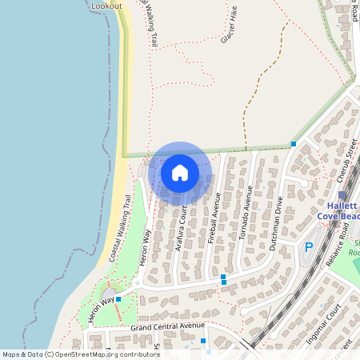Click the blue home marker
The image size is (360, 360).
pos(180,173)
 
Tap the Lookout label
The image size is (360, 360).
pos(106,6)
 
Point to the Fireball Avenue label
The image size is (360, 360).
pos(214,216)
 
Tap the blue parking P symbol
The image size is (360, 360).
pos(308,249)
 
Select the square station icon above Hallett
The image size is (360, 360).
pos(342,194)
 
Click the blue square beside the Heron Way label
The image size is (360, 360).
pos(118,300)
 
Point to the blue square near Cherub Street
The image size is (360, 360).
pos(294,144)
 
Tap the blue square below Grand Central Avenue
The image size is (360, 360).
pos(204,341)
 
